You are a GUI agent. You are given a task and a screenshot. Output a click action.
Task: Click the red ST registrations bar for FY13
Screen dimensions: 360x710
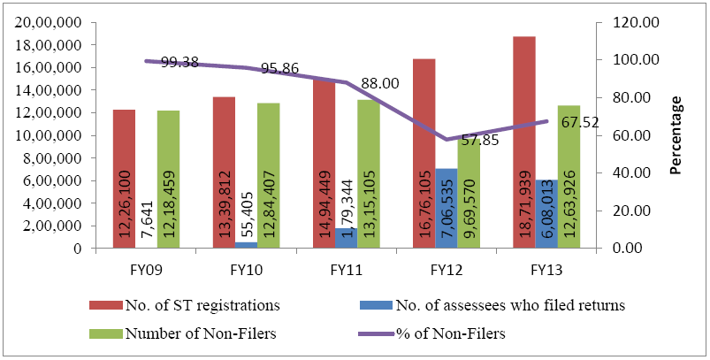click(523, 142)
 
